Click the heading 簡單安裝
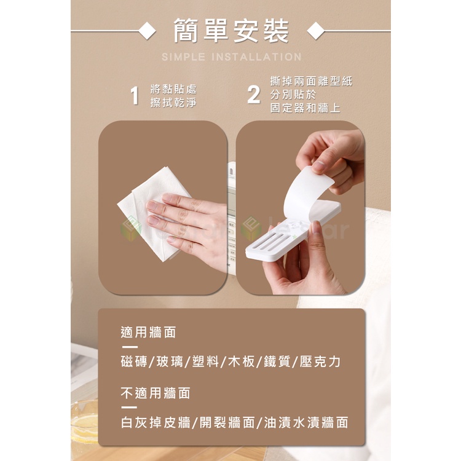pyautogui.click(x=230, y=31)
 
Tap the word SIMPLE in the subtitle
pyautogui.click(x=183, y=57)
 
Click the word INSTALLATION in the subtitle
pyautogui.click(x=257, y=57)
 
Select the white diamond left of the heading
pyautogui.click(x=147, y=31)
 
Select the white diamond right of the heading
pyautogui.click(x=316, y=31)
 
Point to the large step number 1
pyautogui.click(x=135, y=95)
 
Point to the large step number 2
pyautogui.click(x=253, y=95)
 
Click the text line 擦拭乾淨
pyautogui.click(x=173, y=103)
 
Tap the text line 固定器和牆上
pyautogui.click(x=305, y=108)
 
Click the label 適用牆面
pyautogui.click(x=148, y=333)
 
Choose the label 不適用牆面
pyautogui.click(x=156, y=393)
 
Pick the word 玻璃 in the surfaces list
pyautogui.click(x=170, y=361)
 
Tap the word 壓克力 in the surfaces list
pyautogui.click(x=320, y=361)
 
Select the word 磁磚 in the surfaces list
pyautogui.click(x=134, y=361)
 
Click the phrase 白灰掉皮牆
pyautogui.click(x=156, y=422)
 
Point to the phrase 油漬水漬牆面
pyautogui.click(x=306, y=422)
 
